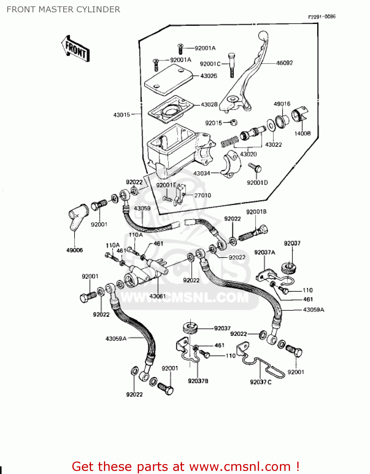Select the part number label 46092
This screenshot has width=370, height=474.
(x=284, y=63)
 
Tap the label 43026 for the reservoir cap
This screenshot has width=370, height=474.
(x=209, y=76)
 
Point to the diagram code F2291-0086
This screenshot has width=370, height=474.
(x=322, y=16)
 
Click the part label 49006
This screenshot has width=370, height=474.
(x=75, y=250)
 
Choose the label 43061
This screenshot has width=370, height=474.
(x=157, y=296)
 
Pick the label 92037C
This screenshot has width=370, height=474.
(x=261, y=382)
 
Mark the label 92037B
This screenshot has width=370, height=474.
(x=198, y=381)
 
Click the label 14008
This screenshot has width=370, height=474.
(x=302, y=133)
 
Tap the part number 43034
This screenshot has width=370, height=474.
(x=202, y=173)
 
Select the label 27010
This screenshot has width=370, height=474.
(x=203, y=195)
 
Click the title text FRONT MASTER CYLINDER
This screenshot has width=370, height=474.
(x=63, y=9)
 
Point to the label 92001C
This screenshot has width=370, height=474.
(x=210, y=64)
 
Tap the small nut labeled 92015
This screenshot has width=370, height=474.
(x=234, y=122)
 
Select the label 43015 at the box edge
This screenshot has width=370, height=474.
(x=122, y=115)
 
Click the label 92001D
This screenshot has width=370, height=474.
(x=257, y=183)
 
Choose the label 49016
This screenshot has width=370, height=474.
(x=282, y=104)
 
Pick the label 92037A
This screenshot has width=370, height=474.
(x=264, y=252)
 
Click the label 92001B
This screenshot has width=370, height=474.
(x=256, y=212)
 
